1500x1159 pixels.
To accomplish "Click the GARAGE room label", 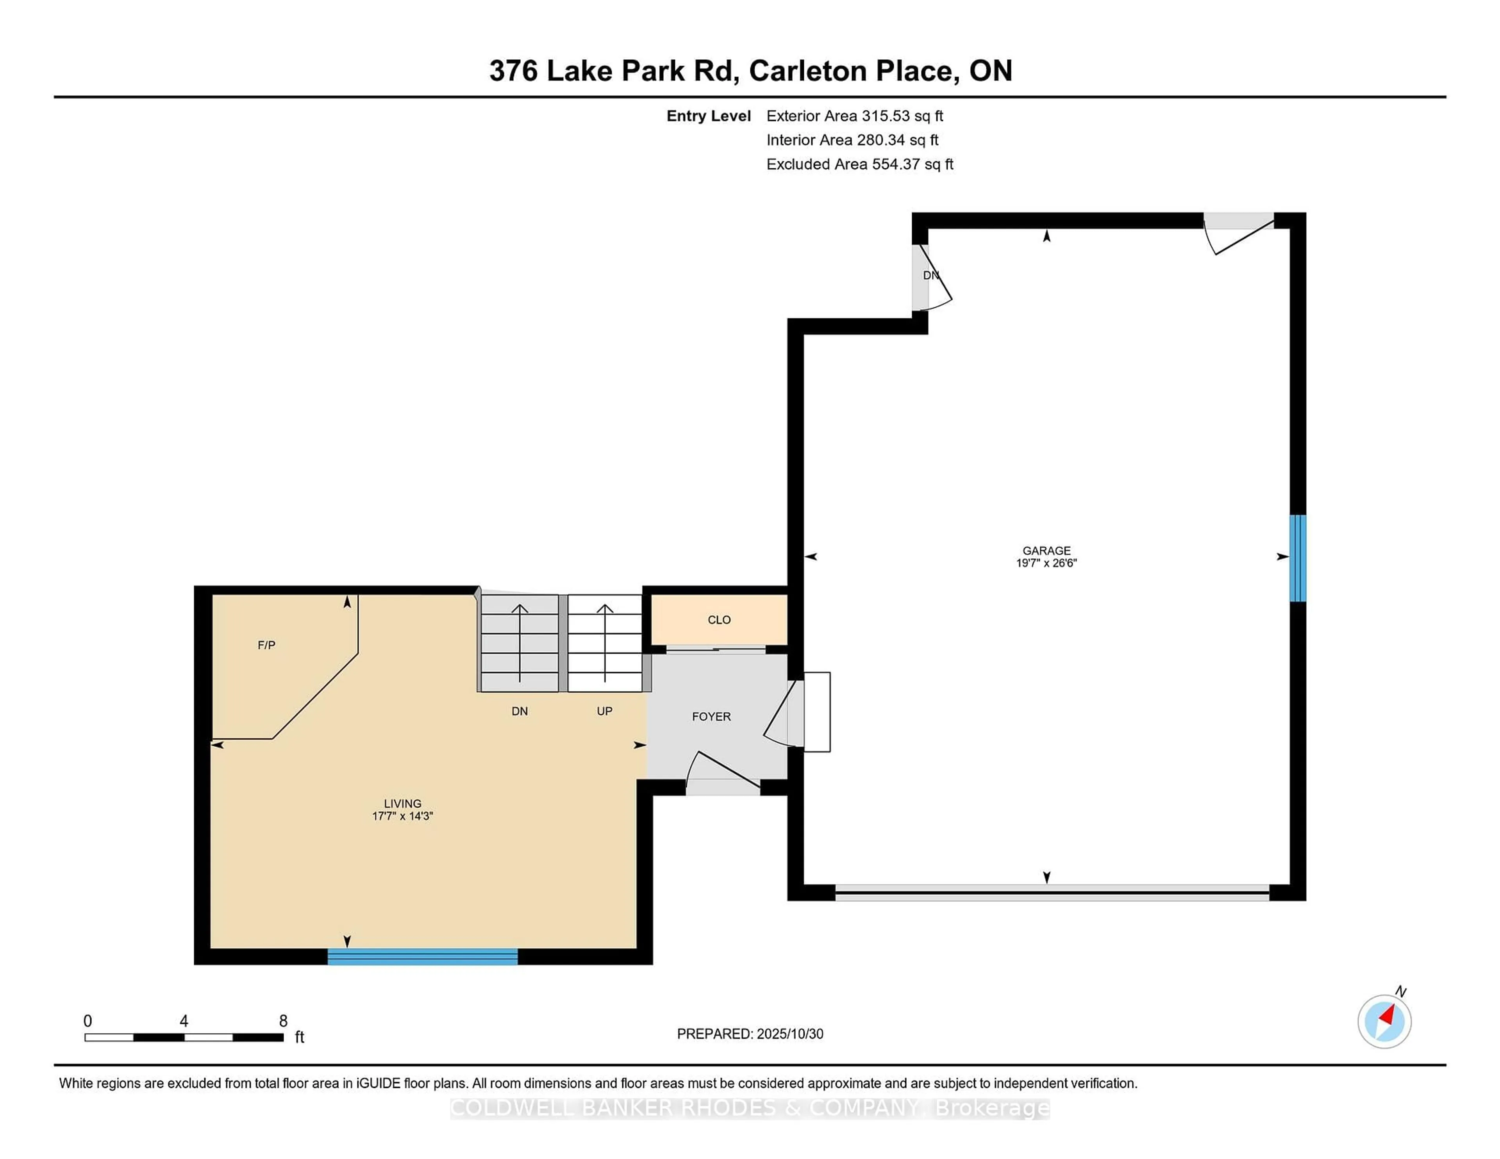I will coord(1046,550).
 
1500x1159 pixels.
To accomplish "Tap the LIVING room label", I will coord(402,802).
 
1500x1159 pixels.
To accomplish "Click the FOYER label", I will coord(711,716).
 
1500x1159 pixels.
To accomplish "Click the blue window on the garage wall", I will coord(1297,558).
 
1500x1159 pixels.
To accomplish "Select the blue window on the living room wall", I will coord(422,956).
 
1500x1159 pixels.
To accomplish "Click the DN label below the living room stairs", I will coord(519,711).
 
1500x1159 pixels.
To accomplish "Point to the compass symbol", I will coord(1384,1021).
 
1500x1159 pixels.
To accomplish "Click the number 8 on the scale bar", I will coord(283,1020).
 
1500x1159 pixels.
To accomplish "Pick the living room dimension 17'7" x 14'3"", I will coord(402,816).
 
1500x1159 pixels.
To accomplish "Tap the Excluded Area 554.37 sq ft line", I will coord(859,164).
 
